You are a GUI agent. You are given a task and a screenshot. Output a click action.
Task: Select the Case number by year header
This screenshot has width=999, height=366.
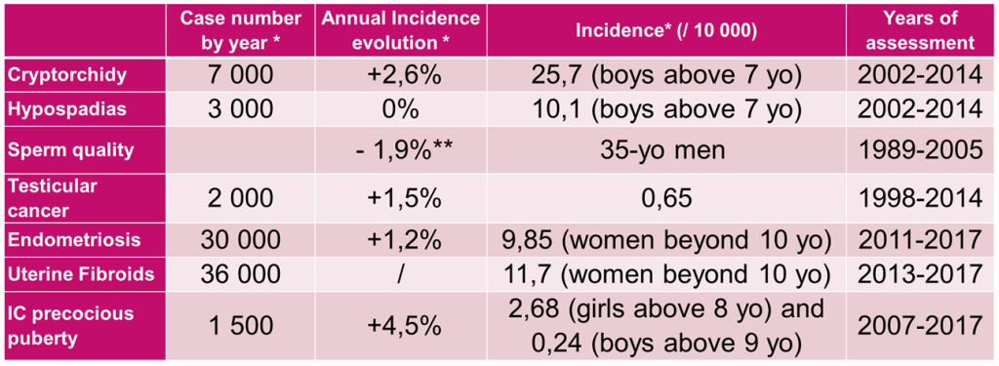(240, 30)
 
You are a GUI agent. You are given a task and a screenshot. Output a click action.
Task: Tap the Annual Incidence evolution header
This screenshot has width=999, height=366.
(400, 30)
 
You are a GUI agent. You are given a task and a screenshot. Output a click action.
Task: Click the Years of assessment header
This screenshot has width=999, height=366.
(919, 30)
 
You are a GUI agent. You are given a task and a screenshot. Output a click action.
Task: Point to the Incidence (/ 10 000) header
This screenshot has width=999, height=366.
(665, 30)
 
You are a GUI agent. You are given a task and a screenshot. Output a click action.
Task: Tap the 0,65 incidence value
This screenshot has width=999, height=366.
(665, 199)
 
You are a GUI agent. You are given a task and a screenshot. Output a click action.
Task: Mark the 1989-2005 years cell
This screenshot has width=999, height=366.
(919, 151)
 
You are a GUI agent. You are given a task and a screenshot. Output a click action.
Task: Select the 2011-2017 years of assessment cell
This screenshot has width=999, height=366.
(919, 240)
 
